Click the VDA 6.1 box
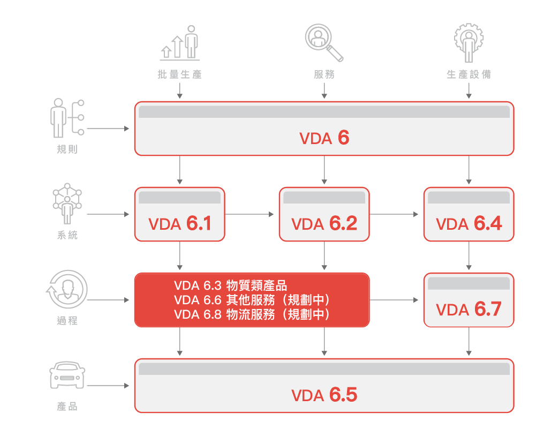click(180, 214)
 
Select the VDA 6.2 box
click(324, 214)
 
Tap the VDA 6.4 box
click(469, 214)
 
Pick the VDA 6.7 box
click(469, 300)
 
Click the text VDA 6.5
click(324, 395)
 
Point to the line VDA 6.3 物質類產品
click(230, 285)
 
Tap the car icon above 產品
click(67, 375)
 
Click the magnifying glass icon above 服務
click(324, 42)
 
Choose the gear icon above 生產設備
click(469, 42)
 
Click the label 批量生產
click(180, 74)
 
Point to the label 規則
click(67, 149)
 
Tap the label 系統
click(67, 235)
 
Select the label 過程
click(67, 321)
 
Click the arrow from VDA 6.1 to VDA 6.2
click(250, 214)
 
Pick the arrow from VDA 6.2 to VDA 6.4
click(394, 214)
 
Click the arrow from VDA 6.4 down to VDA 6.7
click(469, 255)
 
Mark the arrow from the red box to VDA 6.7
click(394, 300)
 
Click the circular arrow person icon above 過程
click(67, 289)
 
